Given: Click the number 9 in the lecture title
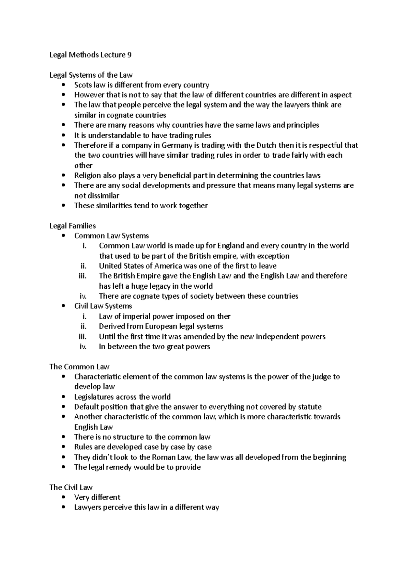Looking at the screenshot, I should (x=129, y=55).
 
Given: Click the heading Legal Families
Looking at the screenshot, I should (x=72, y=226).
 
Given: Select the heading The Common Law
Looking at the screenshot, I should (x=79, y=367).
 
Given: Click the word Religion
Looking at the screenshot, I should (x=87, y=176).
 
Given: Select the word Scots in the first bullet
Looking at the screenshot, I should (x=82, y=85).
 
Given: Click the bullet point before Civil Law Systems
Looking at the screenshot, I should (x=63, y=306).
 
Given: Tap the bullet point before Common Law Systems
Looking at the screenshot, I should (x=63, y=236).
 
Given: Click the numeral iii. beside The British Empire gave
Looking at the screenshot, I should (x=82, y=276).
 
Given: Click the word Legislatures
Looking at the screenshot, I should (x=94, y=397).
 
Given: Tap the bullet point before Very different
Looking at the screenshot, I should (x=63, y=498).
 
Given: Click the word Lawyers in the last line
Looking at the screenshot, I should (x=88, y=508).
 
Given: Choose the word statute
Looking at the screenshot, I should (x=309, y=407).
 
